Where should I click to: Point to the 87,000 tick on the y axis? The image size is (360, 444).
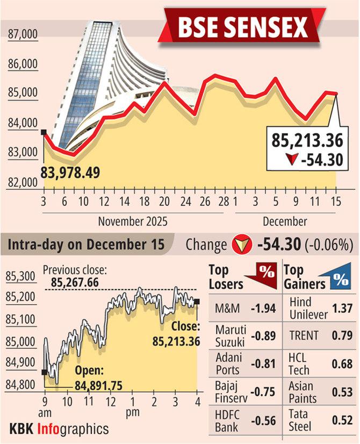(23, 35)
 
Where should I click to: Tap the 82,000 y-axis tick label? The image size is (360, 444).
(23, 183)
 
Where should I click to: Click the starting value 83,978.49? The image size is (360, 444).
(70, 174)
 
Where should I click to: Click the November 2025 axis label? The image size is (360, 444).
(133, 221)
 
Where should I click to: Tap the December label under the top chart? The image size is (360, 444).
(285, 221)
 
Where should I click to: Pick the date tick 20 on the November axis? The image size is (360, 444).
(165, 202)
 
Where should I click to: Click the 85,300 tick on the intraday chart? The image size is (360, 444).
(20, 277)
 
